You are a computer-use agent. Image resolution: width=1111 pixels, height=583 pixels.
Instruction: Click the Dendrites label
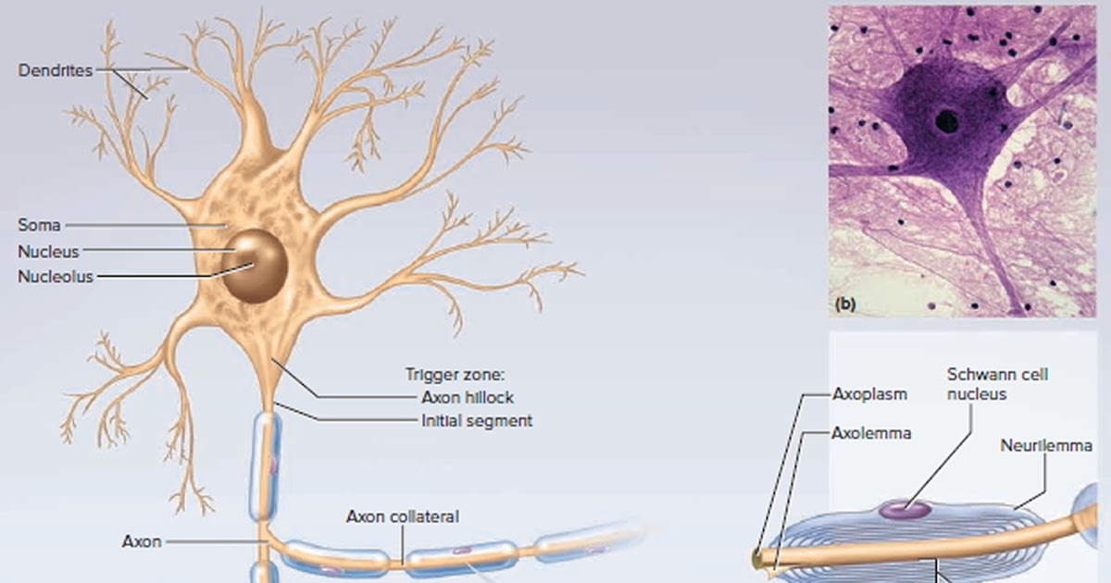pyautogui.click(x=56, y=70)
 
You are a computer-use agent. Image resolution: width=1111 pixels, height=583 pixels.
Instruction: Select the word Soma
pyautogui.click(x=38, y=224)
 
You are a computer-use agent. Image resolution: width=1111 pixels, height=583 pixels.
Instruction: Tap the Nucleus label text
pyautogui.click(x=47, y=251)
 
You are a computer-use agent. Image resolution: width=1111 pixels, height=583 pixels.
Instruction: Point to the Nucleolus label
pyautogui.click(x=55, y=277)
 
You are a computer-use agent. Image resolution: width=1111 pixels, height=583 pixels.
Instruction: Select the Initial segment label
pyautogui.click(x=477, y=421)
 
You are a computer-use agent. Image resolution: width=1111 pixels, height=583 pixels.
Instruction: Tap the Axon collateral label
pyautogui.click(x=403, y=516)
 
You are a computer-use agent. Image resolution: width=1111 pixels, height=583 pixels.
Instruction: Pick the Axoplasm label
pyautogui.click(x=869, y=393)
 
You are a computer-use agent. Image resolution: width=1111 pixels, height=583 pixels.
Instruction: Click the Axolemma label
pyautogui.click(x=871, y=432)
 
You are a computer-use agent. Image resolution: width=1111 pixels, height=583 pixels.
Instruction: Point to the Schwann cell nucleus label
pyautogui.click(x=984, y=384)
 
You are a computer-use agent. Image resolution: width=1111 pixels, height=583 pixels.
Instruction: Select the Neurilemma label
pyautogui.click(x=1046, y=446)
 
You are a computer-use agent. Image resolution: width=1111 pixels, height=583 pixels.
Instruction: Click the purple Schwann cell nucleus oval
pyautogui.click(x=905, y=508)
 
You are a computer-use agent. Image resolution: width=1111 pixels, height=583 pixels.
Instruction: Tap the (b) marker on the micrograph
pyautogui.click(x=846, y=303)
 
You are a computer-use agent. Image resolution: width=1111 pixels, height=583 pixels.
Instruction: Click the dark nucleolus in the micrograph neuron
pyautogui.click(x=946, y=119)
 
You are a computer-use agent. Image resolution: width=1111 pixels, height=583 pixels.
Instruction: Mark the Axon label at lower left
pyautogui.click(x=143, y=540)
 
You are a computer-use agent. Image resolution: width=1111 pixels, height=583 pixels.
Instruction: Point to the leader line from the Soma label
pyautogui.click(x=139, y=224)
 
